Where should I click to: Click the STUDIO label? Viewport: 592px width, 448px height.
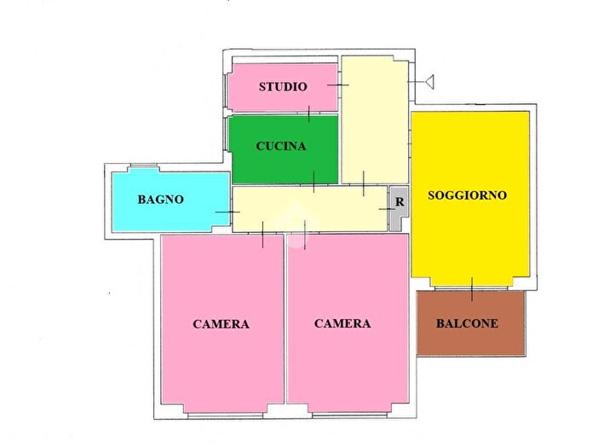point(283,87)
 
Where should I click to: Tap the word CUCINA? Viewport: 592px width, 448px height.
point(281,146)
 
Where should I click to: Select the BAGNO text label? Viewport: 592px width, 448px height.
point(160,199)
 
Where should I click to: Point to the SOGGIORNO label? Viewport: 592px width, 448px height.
point(467,195)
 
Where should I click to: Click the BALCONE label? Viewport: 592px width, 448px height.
point(467,323)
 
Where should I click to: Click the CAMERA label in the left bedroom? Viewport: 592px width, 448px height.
point(221,324)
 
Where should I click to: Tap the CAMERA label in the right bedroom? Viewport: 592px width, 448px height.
point(342,323)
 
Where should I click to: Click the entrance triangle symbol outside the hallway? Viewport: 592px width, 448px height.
point(429,82)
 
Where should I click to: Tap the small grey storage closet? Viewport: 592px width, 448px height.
point(398,213)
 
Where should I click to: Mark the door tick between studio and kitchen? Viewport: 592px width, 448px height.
point(309,113)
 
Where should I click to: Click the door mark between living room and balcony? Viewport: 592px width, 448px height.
point(471,284)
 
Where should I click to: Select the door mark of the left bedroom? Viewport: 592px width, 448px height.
point(263,233)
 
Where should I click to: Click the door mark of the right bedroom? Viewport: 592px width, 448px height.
point(305,232)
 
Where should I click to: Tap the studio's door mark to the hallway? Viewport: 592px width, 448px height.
point(339,84)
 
